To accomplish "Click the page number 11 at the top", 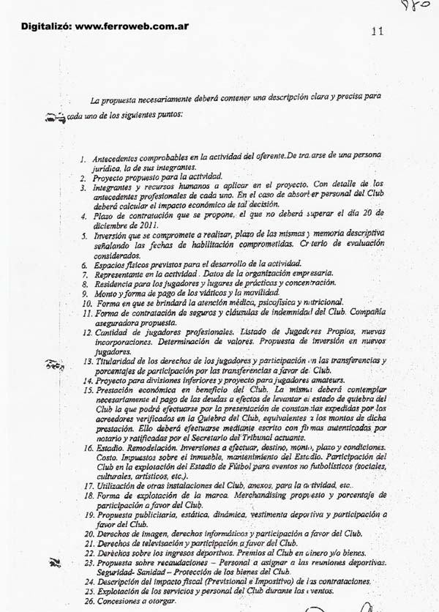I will click(x=378, y=31).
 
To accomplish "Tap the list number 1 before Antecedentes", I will click(x=84, y=159).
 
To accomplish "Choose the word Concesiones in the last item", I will click(x=123, y=601).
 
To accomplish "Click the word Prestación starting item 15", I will click(x=116, y=391).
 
